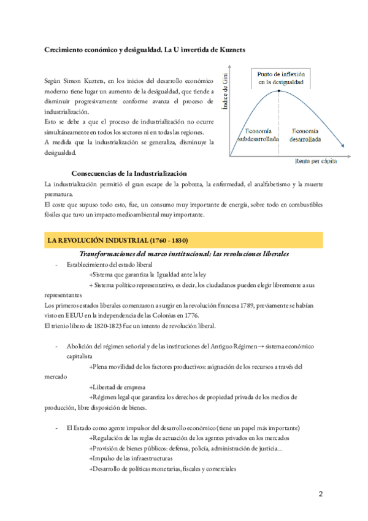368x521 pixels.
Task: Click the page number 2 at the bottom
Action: click(x=320, y=494)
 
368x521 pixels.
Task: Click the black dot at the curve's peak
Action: click(x=278, y=91)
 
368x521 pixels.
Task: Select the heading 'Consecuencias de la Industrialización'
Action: click(x=129, y=173)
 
